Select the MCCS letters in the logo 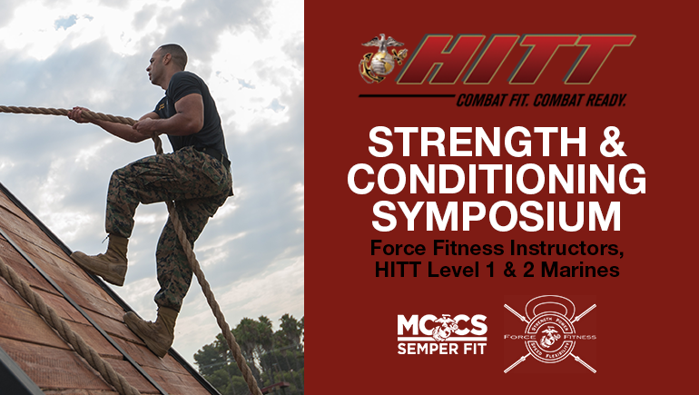point(442,327)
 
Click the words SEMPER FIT point(442,349)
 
